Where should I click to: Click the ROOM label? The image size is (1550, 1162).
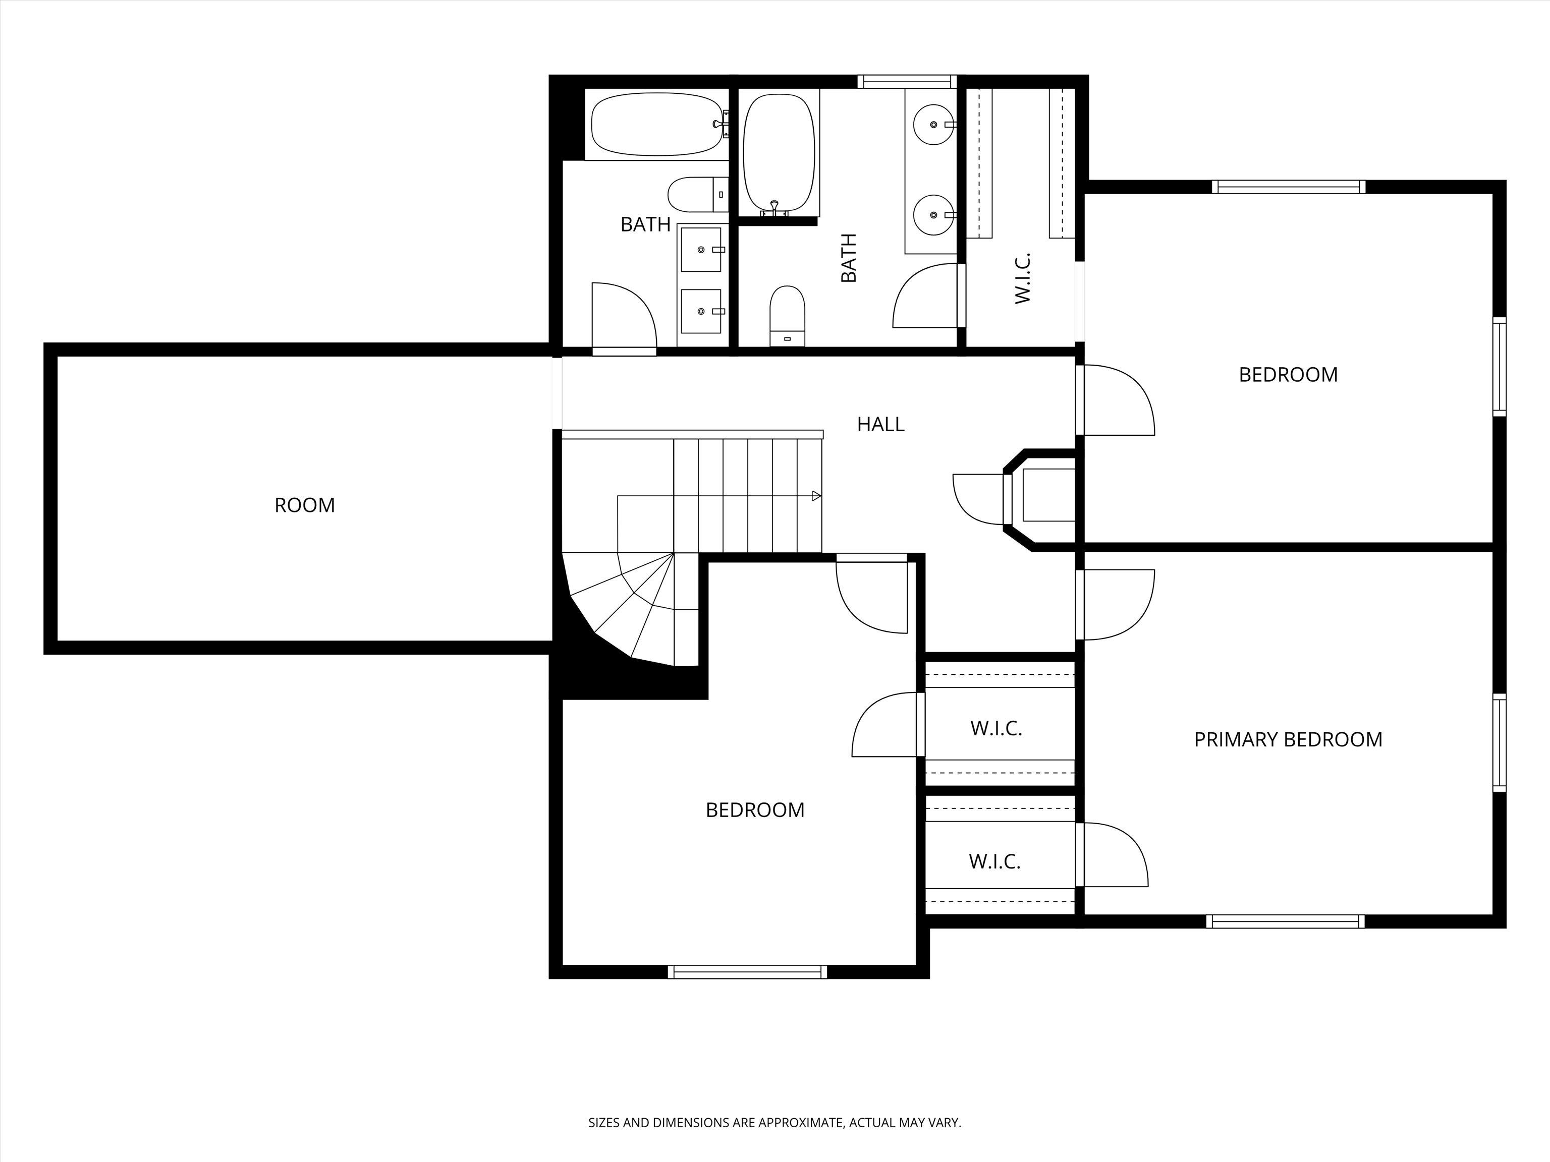305,505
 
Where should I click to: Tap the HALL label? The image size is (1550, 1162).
881,424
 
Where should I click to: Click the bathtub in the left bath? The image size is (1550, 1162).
656,125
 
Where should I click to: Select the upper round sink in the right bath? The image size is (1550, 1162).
934,124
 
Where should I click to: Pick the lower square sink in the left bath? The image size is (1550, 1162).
701,311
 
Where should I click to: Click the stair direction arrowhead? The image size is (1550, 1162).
816,496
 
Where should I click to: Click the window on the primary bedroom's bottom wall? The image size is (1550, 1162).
1285,921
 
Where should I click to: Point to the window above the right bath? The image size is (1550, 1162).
907,81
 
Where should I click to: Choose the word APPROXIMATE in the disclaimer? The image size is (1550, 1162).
800,1122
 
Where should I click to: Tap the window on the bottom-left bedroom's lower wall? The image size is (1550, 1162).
747,971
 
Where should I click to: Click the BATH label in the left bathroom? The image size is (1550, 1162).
645,224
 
